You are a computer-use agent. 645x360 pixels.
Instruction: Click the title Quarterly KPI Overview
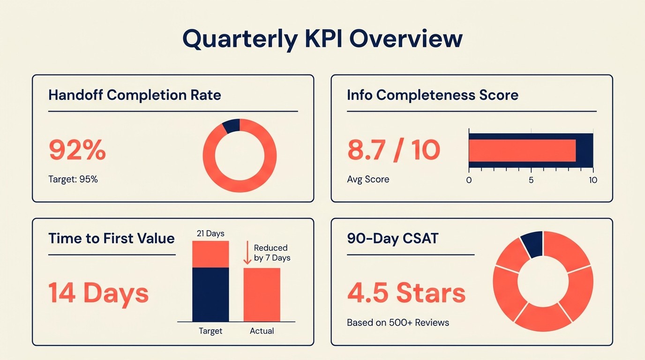(322, 38)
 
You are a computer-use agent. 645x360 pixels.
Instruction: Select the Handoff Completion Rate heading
(135, 95)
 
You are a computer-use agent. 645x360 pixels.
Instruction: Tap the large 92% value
(77, 150)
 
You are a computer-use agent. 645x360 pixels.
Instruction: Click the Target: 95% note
(73, 179)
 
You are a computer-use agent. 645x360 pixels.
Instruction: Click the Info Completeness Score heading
(432, 95)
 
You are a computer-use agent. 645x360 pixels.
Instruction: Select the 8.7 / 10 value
(393, 150)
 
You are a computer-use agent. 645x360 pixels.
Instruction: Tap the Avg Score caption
(368, 180)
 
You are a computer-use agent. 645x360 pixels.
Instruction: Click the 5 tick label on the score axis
(531, 180)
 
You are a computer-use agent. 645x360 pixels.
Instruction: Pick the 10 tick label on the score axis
(593, 180)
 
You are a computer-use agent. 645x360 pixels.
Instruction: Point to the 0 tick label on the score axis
(469, 180)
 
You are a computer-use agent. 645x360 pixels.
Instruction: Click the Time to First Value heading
(112, 238)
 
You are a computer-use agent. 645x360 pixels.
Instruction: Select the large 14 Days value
(98, 292)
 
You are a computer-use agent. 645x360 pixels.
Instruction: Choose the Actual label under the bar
(262, 331)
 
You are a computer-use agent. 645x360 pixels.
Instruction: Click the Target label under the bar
(210, 331)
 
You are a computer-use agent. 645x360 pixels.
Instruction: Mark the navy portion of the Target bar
(210, 294)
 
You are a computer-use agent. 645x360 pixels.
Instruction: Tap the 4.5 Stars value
(406, 292)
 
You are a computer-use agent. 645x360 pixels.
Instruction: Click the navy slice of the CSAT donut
(533, 244)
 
